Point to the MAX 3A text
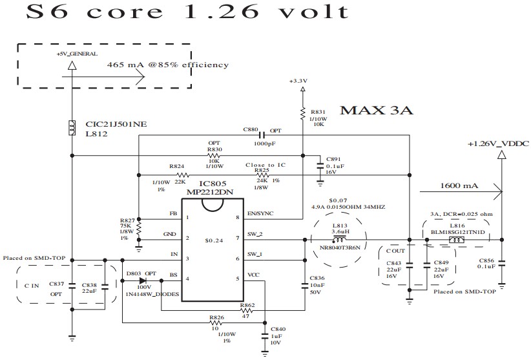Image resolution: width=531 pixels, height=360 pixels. (x=376, y=111)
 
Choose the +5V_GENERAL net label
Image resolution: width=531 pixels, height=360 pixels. (x=72, y=54)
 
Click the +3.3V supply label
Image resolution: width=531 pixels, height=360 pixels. (x=300, y=81)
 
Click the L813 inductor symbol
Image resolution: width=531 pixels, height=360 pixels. (x=339, y=239)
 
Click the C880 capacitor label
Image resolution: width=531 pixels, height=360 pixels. (x=251, y=130)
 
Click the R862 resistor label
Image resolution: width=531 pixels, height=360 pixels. (x=248, y=304)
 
